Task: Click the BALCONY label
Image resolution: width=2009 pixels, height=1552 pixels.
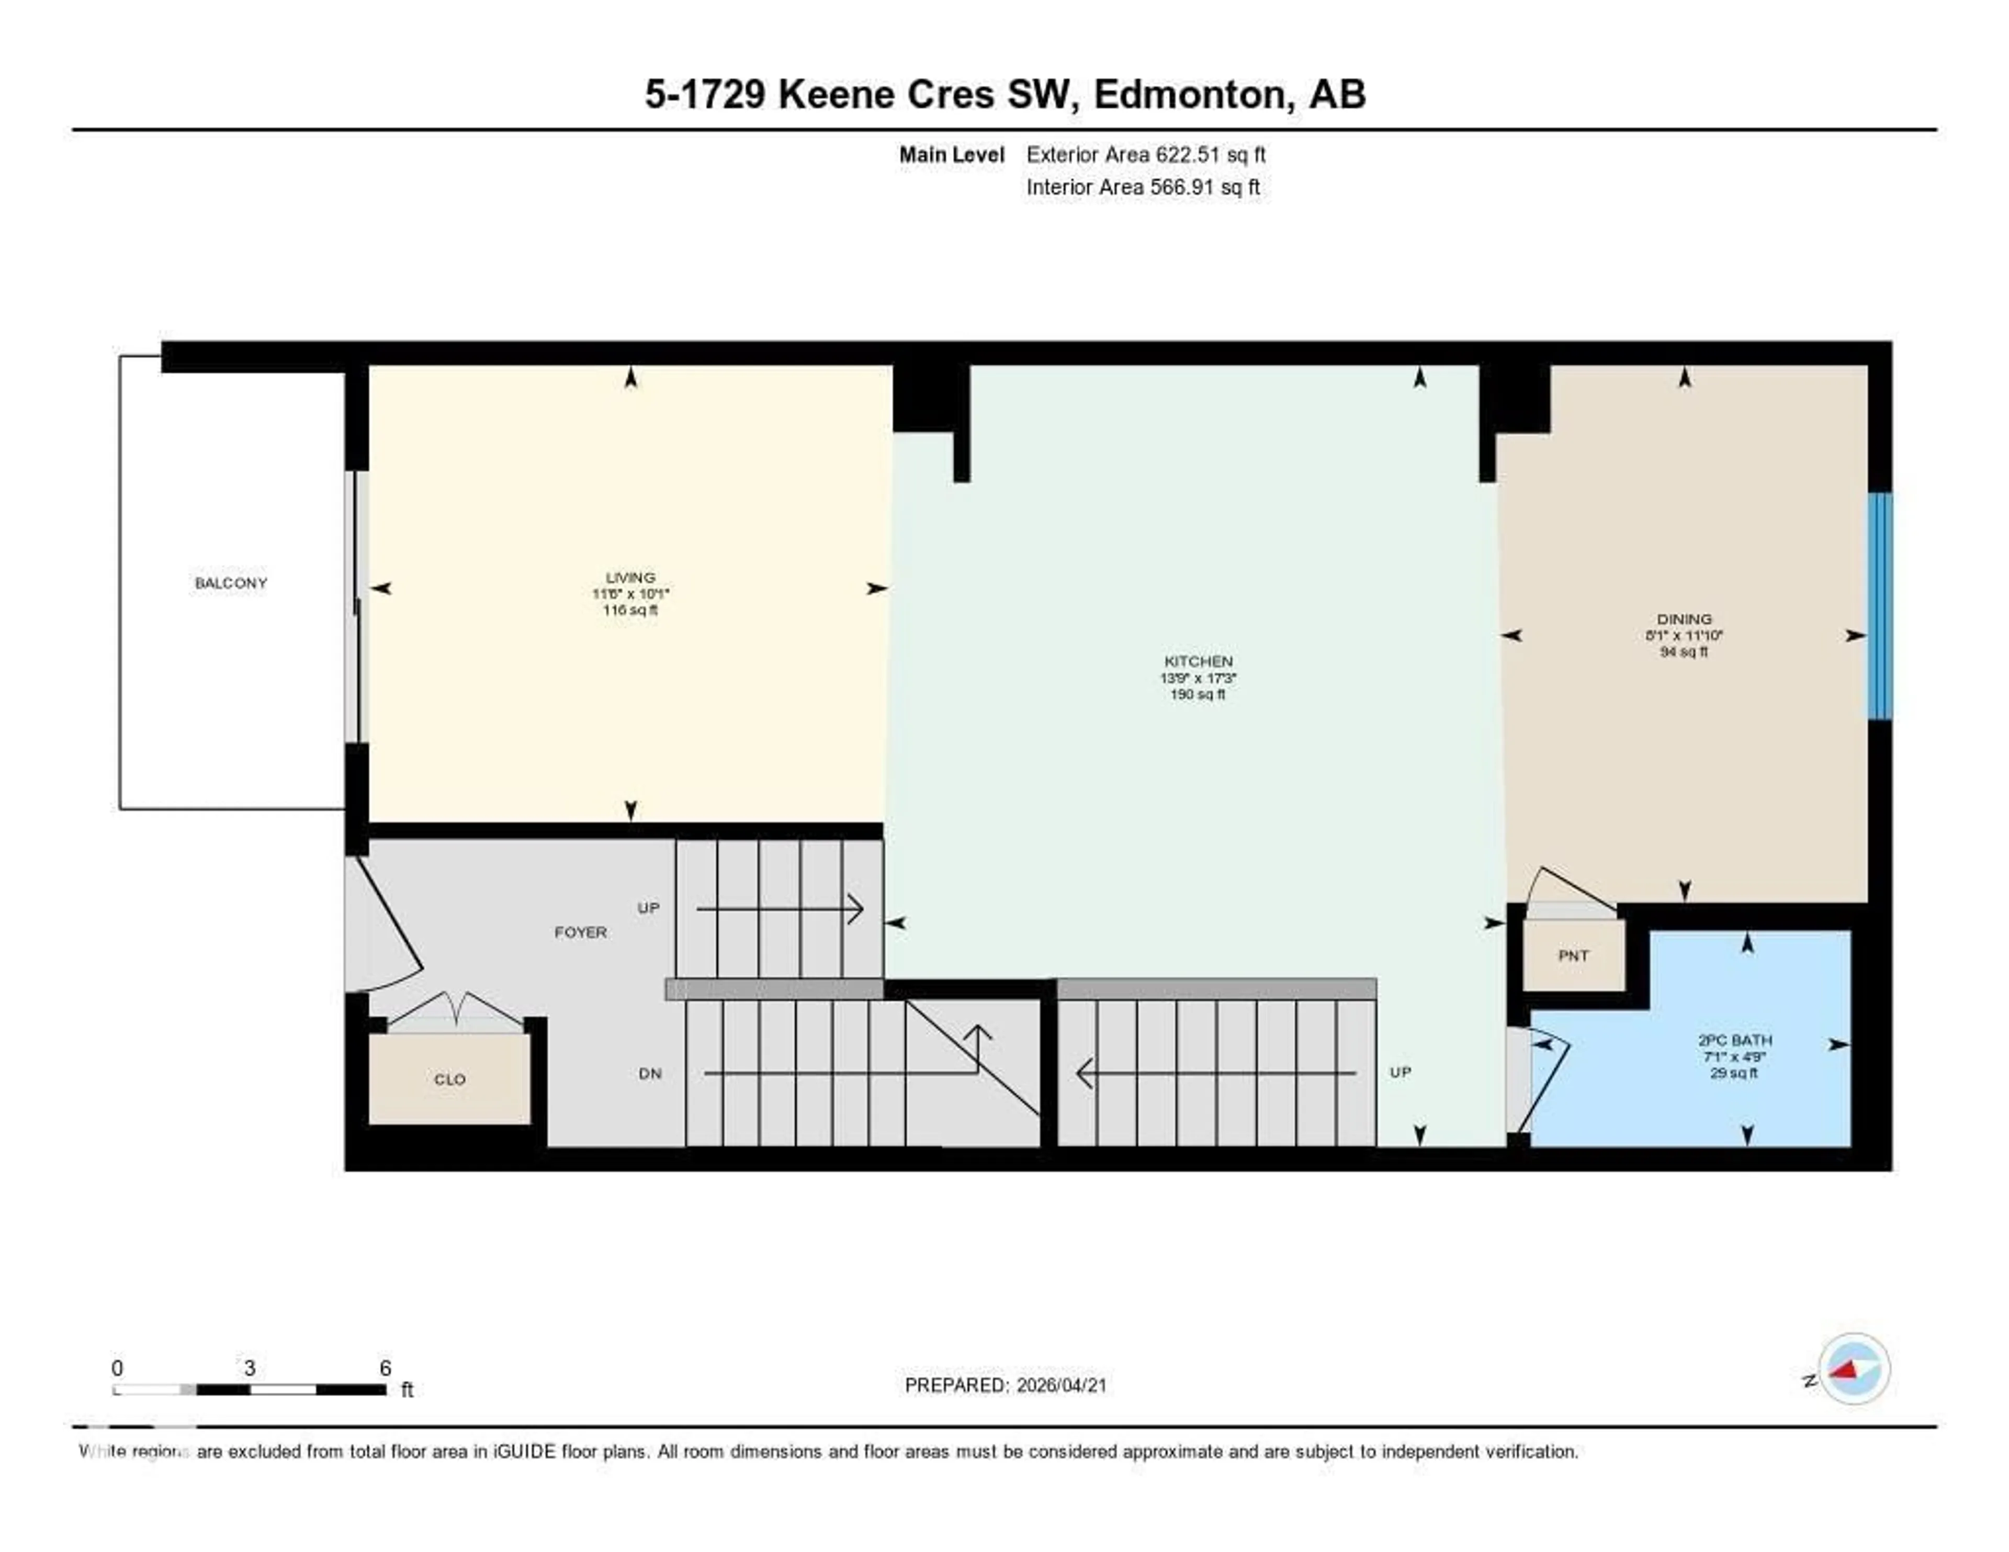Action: coord(231,583)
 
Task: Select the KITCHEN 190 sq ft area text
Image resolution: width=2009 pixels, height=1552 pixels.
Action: coord(1198,694)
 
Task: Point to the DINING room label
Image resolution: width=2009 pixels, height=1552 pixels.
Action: coord(1684,619)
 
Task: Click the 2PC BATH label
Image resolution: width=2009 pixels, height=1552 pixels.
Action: coord(1735,1040)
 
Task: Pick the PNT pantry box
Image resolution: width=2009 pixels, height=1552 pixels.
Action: coord(1573,956)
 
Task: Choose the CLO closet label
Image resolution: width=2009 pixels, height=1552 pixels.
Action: coord(450,1079)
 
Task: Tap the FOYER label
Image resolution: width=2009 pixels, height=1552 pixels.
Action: coord(580,932)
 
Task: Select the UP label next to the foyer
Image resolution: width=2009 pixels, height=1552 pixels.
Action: coord(649,908)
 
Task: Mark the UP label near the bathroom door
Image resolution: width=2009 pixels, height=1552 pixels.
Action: coord(1400,1072)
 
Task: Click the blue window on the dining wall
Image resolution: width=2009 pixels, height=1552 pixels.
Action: coord(1879,605)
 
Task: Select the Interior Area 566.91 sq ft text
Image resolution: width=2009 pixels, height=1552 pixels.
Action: coord(1143,188)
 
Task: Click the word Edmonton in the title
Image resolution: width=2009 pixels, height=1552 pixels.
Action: coord(1189,95)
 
